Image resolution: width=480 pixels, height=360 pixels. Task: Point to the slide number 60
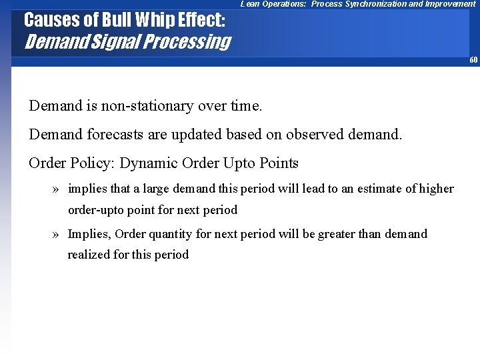point(473,60)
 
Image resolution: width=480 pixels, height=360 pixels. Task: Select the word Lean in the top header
point(251,4)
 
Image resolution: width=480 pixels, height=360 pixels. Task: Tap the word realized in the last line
point(89,255)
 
